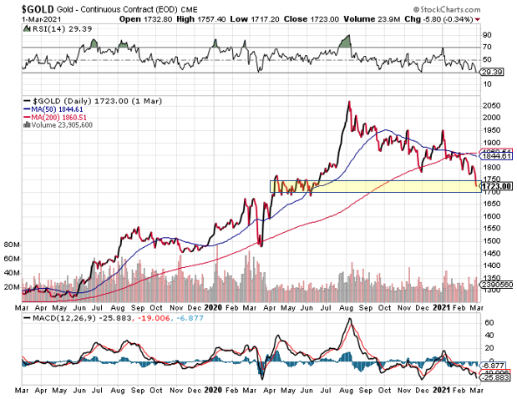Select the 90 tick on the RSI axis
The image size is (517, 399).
point(487,36)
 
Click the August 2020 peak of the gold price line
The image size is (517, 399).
point(347,102)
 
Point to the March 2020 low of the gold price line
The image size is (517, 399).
point(261,245)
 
